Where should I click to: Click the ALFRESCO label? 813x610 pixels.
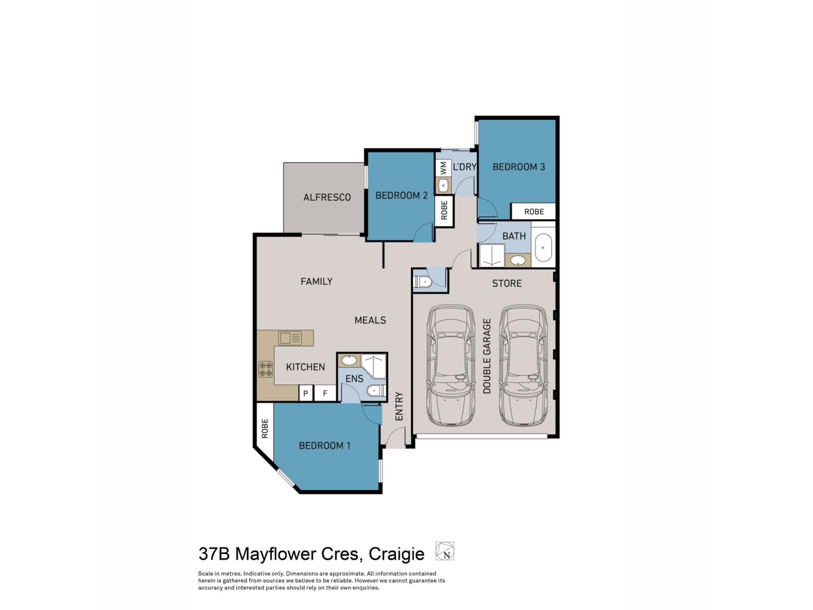327,197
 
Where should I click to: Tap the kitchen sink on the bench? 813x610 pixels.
290,338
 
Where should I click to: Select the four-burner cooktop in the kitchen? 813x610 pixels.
266,369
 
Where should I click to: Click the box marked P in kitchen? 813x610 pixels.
305,393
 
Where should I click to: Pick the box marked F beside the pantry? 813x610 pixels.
325,393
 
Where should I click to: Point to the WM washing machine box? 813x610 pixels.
443,168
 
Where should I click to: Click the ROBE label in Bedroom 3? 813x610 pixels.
534,211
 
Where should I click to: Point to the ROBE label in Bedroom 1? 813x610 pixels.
265,428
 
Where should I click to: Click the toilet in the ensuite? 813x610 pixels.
375,391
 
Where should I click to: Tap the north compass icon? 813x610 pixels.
445,551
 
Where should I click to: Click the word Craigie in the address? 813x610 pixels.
396,554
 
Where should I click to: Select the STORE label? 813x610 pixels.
506,283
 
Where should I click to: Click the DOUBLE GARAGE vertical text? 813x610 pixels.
487,356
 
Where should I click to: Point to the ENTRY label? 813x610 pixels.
399,406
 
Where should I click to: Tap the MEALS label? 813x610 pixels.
370,320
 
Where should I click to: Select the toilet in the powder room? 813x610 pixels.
422,282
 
